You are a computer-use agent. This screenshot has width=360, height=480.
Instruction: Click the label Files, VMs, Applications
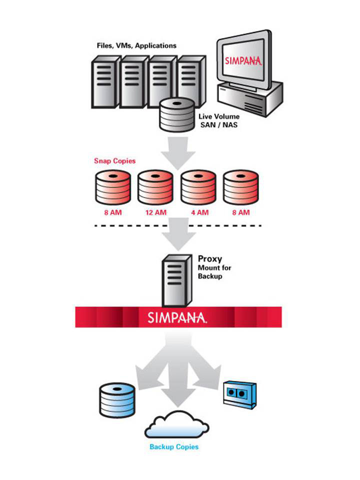click(x=136, y=45)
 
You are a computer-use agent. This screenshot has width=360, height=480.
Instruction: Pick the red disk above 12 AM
click(x=156, y=187)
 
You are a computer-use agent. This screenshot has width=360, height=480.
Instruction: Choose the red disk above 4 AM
click(x=198, y=187)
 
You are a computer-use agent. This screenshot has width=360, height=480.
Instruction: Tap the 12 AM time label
click(x=155, y=212)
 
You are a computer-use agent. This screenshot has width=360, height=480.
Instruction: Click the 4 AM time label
click(x=198, y=212)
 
